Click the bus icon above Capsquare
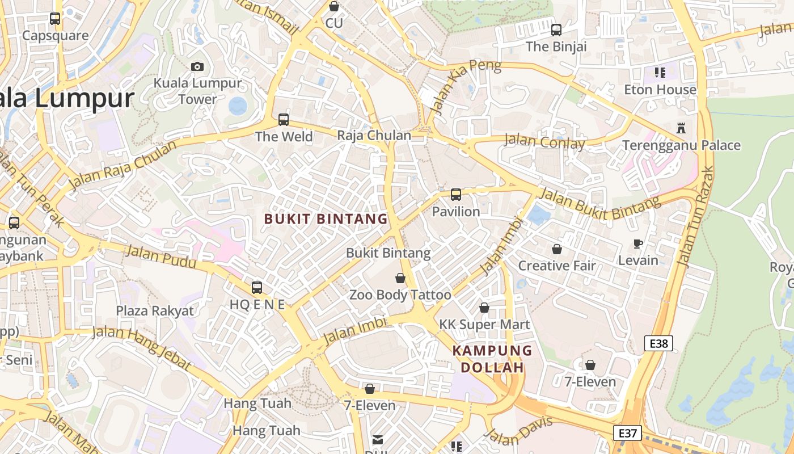point(55,19)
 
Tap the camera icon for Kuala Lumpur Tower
point(197,66)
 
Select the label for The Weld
point(284,137)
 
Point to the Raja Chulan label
point(374,136)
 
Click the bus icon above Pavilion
point(456,195)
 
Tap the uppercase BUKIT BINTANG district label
point(326,219)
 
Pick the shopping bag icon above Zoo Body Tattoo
point(400,278)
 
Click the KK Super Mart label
point(484,325)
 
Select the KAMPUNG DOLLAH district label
point(492,359)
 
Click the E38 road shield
point(658,343)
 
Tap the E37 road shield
point(628,433)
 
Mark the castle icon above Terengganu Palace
point(681,128)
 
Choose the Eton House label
point(660,90)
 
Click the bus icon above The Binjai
point(556,30)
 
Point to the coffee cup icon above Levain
point(638,243)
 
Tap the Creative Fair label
point(557,266)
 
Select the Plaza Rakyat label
point(155,311)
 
